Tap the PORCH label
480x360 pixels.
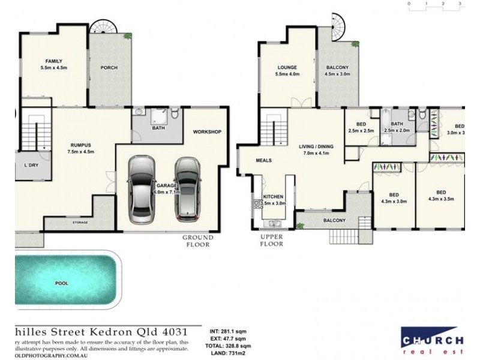click(x=109, y=68)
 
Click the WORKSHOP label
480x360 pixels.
click(x=208, y=131)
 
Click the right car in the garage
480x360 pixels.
click(x=187, y=188)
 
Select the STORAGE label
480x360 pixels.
click(x=80, y=223)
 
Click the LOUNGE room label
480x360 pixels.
click(x=287, y=67)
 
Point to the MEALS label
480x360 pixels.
click(x=265, y=161)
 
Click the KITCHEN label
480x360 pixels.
click(x=272, y=196)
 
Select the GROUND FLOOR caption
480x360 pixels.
click(x=197, y=241)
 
